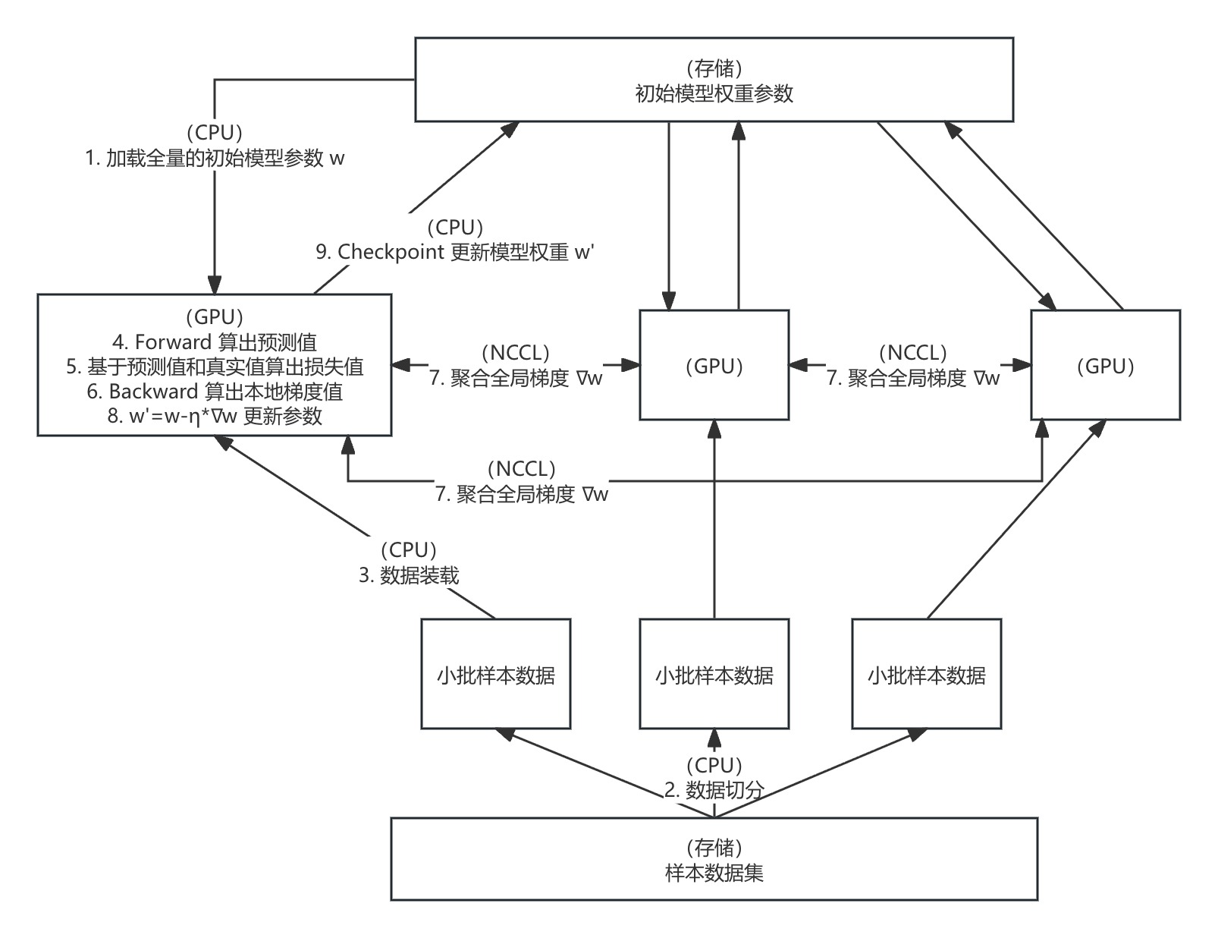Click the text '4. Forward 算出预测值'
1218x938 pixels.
coord(215,342)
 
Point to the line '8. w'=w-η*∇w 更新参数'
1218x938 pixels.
coord(215,416)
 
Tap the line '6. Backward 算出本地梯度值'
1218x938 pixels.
coord(215,392)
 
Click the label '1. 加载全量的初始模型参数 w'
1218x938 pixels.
coord(215,159)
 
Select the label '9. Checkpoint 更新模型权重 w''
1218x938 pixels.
coord(455,252)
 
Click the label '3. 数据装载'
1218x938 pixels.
coord(409,575)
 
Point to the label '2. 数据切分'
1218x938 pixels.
coord(714,790)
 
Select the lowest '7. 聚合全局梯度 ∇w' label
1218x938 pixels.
coord(522,495)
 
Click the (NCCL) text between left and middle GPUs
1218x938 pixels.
coord(516,353)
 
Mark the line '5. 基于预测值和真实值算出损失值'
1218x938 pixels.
coord(215,367)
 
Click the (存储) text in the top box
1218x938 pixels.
coord(714,68)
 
